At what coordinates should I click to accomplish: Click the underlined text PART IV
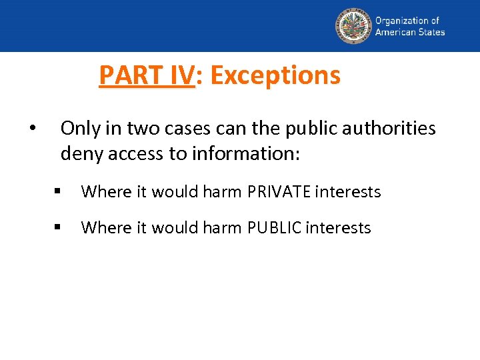coord(146,75)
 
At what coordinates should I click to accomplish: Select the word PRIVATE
coord(279,192)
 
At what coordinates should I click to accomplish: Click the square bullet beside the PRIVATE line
coord(59,192)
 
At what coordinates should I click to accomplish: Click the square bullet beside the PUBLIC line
coord(59,228)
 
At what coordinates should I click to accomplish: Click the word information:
coord(246,154)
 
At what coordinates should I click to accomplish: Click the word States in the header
coord(431,32)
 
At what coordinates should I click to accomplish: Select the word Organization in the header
coord(401,21)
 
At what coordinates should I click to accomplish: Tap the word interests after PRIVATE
coord(347,192)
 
